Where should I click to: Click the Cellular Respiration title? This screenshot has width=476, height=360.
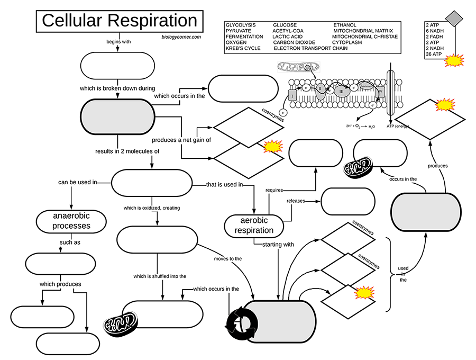(119, 21)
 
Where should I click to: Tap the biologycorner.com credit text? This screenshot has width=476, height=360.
(181, 37)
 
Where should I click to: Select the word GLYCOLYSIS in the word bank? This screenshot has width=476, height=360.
(240, 25)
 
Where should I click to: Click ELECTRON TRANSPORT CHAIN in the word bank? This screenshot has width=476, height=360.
(310, 48)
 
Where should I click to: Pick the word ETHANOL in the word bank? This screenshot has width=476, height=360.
(344, 25)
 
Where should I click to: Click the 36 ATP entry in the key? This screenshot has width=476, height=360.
(434, 54)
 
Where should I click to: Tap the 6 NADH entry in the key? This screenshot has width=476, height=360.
(435, 31)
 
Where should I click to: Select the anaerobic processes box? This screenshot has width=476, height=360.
(71, 221)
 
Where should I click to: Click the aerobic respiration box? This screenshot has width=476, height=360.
(254, 226)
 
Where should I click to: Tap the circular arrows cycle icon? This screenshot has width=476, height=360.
(243, 321)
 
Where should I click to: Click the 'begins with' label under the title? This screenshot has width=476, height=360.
(118, 41)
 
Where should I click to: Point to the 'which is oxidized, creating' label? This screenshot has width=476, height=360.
(151, 208)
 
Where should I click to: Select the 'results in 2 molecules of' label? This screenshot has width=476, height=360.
(127, 151)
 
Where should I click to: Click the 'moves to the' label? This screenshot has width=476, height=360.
(228, 259)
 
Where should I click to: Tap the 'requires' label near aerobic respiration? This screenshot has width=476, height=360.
(275, 189)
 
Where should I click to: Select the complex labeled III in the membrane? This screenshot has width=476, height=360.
(341, 91)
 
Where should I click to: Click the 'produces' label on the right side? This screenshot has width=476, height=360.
(437, 166)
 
